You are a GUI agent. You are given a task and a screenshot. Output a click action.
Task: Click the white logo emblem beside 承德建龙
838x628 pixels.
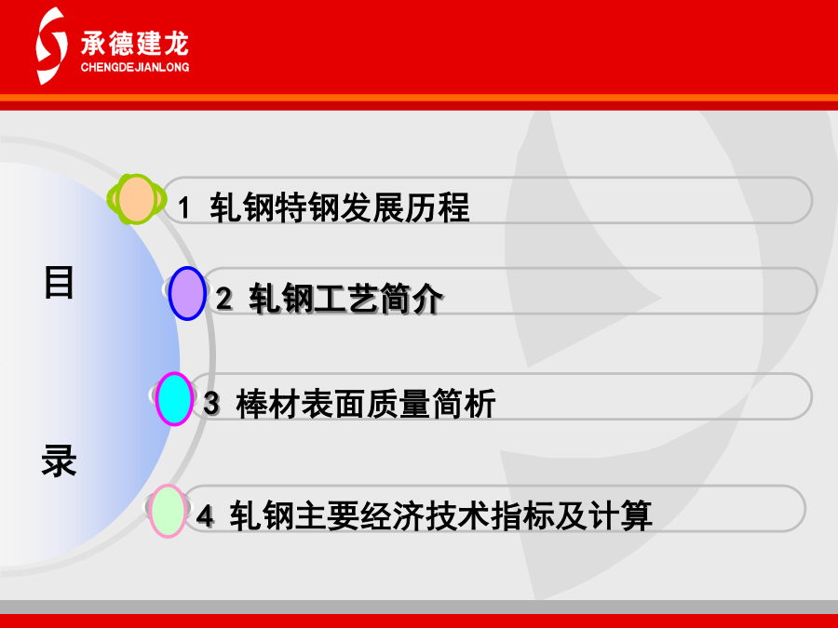click(x=52, y=46)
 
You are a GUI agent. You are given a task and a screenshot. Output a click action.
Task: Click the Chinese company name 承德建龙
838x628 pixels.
click(x=135, y=43)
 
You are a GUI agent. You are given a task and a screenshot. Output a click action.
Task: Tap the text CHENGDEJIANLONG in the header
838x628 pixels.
click(x=135, y=67)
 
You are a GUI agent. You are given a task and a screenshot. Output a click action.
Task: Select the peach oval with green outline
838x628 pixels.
click(x=136, y=199)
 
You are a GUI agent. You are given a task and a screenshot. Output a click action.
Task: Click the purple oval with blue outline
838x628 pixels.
click(x=187, y=293)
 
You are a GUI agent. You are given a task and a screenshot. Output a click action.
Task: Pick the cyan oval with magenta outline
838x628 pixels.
click(x=174, y=399)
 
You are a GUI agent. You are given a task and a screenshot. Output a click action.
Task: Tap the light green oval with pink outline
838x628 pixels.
click(x=168, y=511)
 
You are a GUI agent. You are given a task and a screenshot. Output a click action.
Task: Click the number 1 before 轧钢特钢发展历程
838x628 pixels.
click(x=184, y=207)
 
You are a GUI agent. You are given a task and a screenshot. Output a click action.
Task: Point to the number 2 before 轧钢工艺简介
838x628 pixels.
click(x=223, y=298)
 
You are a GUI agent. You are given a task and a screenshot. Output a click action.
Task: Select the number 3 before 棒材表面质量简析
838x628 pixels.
click(x=211, y=403)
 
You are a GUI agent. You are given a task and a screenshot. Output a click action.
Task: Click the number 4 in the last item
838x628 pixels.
click(x=205, y=515)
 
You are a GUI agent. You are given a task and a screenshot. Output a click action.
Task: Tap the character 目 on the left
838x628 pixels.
click(x=59, y=282)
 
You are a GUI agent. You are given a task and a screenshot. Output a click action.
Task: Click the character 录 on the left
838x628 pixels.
click(x=59, y=460)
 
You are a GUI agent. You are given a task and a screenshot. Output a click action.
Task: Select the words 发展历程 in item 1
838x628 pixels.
click(x=405, y=207)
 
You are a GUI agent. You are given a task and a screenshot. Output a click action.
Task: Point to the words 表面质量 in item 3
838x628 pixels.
click(x=366, y=403)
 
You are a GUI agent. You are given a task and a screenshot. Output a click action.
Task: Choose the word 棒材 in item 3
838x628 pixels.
click(x=268, y=403)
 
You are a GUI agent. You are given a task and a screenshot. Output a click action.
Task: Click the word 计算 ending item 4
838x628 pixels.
click(x=620, y=515)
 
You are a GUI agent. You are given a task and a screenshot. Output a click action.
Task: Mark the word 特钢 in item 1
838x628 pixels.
click(x=306, y=207)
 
